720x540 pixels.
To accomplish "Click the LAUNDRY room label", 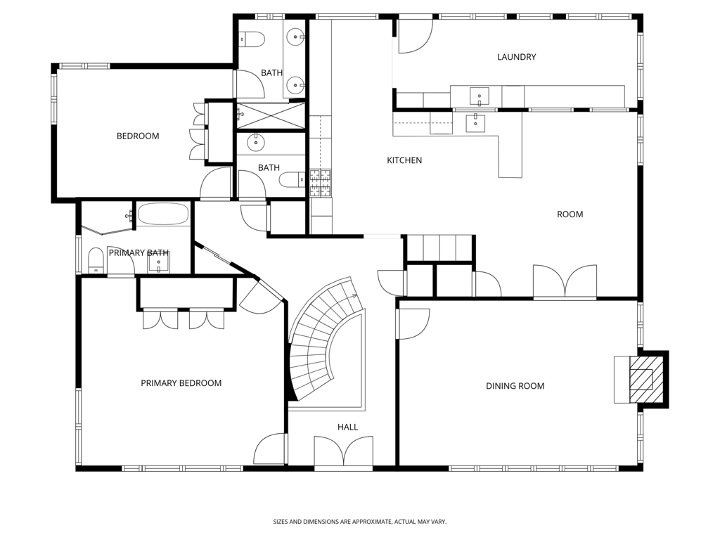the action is click(517, 57).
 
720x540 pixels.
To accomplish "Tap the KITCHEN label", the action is click(404, 160).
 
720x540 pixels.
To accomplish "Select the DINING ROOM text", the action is click(515, 386).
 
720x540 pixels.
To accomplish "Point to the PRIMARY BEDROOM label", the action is click(181, 383).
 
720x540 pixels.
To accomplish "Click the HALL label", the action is click(347, 427).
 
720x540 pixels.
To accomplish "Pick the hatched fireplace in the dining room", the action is click(641, 379).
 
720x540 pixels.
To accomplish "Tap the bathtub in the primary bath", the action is click(163, 214).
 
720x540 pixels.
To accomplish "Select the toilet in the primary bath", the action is click(96, 260).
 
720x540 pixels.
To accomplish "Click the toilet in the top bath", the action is click(252, 39).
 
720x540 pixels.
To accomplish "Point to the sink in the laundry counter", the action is click(479, 96).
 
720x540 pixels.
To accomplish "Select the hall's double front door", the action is click(343, 453).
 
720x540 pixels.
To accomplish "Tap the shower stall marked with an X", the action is click(271, 116).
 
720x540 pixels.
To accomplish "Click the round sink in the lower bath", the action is click(256, 143).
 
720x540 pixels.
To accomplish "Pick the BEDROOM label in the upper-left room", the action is click(138, 136).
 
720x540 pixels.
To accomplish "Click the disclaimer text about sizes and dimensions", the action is click(359, 522).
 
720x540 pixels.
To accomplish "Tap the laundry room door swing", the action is click(415, 36).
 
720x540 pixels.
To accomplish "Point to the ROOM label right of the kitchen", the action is click(570, 214).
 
